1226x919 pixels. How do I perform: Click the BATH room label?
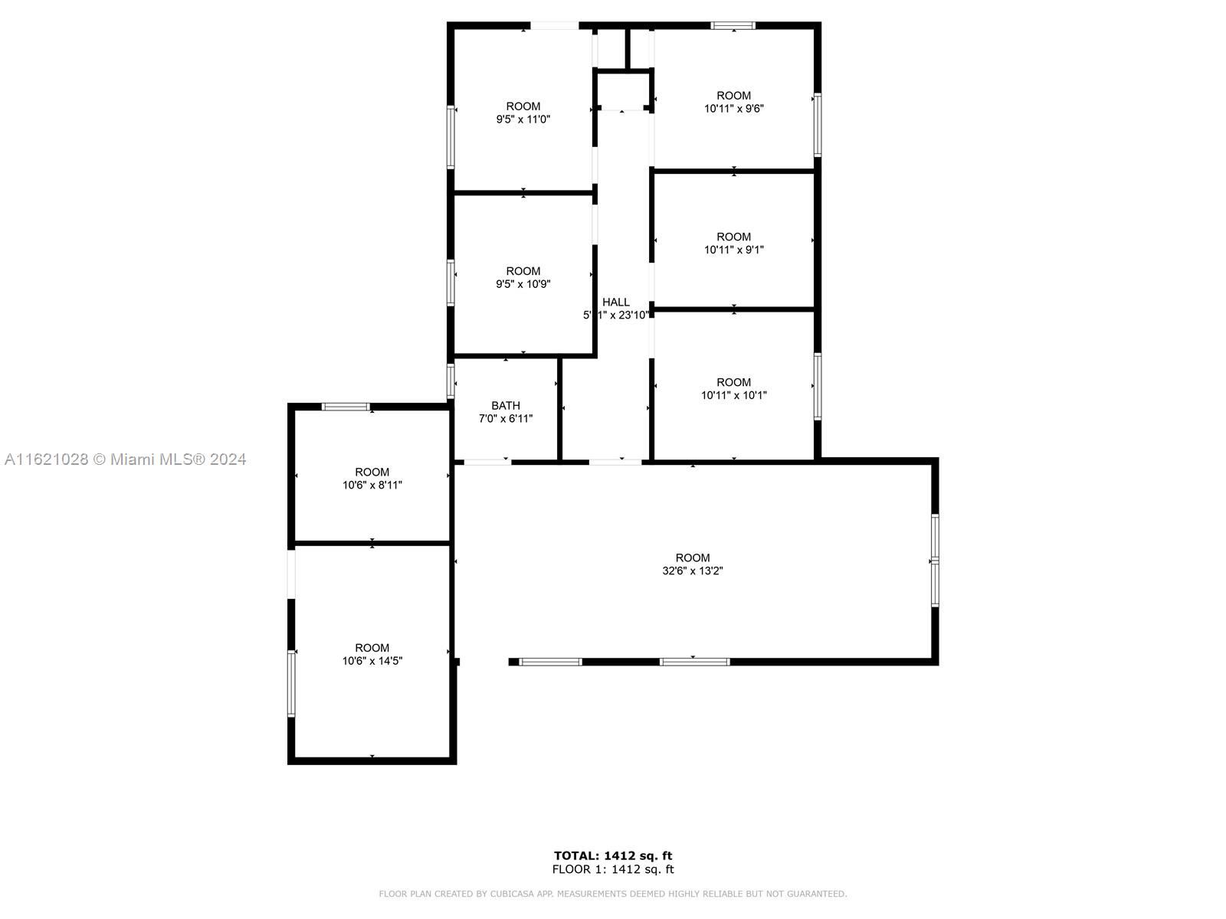click(x=506, y=406)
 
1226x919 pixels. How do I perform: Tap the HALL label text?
click(x=615, y=302)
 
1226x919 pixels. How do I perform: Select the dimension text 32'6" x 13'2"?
click(x=693, y=571)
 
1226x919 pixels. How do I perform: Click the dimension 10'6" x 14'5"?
click(x=372, y=661)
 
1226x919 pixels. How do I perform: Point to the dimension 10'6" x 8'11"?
click(x=372, y=486)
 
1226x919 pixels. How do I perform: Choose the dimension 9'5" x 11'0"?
click(x=523, y=119)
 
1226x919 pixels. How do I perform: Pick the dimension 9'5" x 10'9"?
click(x=523, y=285)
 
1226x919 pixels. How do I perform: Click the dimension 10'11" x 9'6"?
click(x=733, y=109)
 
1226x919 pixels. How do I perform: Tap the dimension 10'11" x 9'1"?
click(x=733, y=250)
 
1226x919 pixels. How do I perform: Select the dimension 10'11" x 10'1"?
click(x=733, y=396)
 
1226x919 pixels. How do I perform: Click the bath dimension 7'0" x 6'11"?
click(x=506, y=419)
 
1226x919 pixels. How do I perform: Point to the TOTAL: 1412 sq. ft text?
click(x=613, y=856)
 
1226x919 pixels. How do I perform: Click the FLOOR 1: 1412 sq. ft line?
click(x=613, y=869)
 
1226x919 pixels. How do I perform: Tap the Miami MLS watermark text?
click(x=125, y=459)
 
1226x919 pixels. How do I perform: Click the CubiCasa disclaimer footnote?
click(x=613, y=894)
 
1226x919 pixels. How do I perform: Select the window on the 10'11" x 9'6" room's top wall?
click(x=733, y=26)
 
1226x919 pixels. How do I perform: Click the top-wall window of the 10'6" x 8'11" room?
click(x=345, y=407)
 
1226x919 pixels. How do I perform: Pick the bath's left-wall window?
click(x=451, y=381)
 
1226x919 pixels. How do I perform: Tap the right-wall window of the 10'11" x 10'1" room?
click(x=817, y=386)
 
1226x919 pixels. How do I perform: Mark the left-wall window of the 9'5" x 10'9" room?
click(x=451, y=283)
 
